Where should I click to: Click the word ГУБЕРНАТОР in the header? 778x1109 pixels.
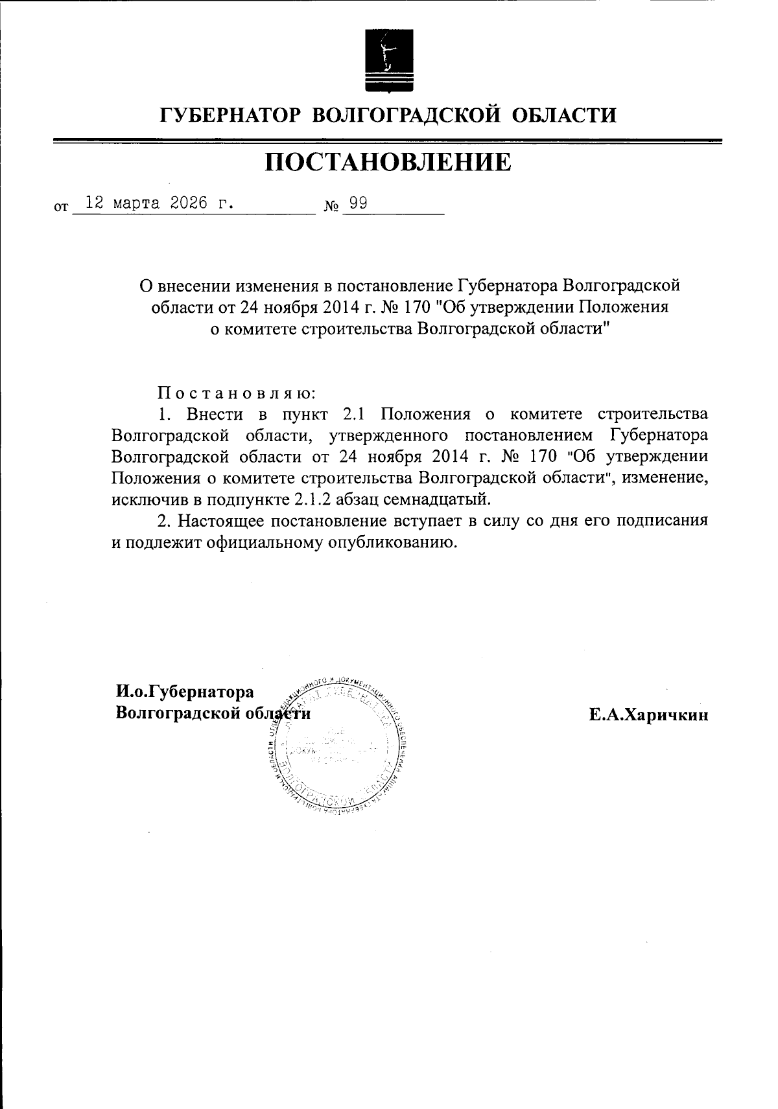point(230,116)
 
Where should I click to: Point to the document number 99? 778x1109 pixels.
point(358,203)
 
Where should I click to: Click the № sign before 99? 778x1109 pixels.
point(331,207)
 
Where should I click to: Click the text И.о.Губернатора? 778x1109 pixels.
point(185,692)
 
